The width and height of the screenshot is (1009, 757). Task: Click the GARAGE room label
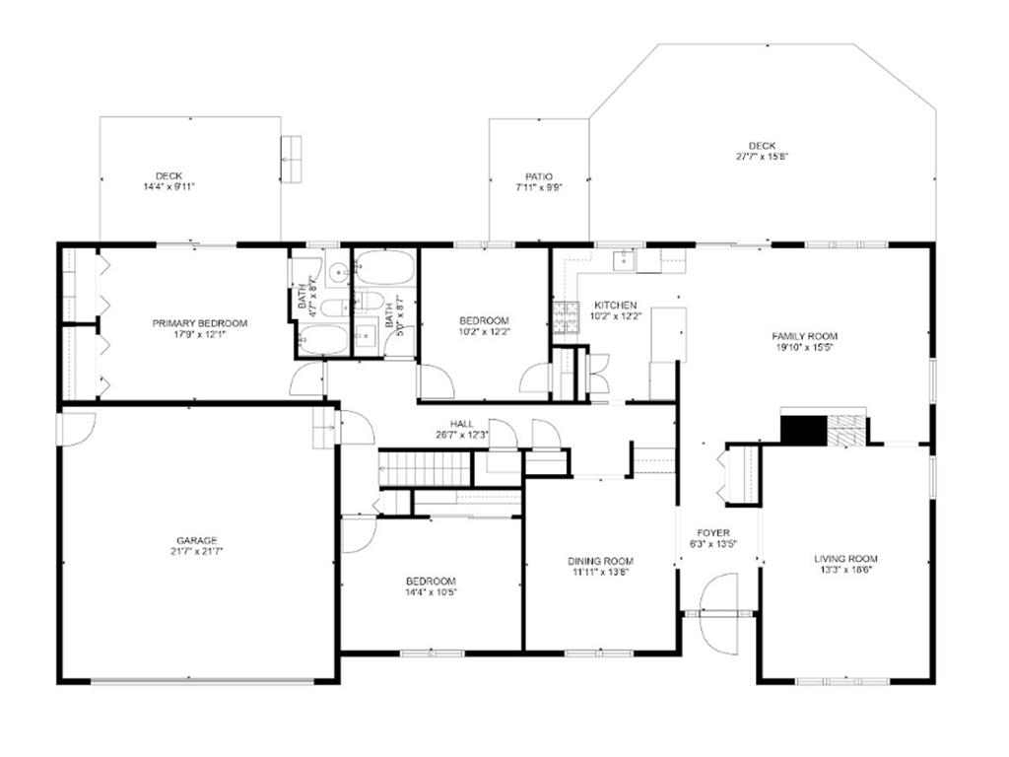click(197, 541)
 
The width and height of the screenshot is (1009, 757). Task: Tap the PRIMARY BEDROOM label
click(199, 323)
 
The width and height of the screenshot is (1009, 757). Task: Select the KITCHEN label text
click(615, 306)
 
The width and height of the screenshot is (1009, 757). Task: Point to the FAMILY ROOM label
click(804, 336)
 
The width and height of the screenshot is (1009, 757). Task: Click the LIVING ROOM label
click(845, 559)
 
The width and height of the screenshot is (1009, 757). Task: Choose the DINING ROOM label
click(600, 561)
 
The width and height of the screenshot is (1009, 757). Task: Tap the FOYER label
click(713, 533)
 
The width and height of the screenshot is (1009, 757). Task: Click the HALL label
click(462, 424)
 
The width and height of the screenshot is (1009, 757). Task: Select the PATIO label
click(539, 177)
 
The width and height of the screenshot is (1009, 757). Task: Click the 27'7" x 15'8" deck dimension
click(763, 157)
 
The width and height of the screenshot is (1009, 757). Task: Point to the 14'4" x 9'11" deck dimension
click(168, 186)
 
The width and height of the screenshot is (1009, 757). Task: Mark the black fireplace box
click(803, 430)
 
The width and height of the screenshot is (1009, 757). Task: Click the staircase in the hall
click(425, 468)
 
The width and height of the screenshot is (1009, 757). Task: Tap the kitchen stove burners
click(566, 317)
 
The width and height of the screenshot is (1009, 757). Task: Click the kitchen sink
click(624, 260)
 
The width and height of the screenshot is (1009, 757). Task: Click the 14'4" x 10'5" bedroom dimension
click(430, 592)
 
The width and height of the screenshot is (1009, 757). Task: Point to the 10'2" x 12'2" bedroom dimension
click(484, 332)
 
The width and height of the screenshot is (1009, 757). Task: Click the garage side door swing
click(76, 428)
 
